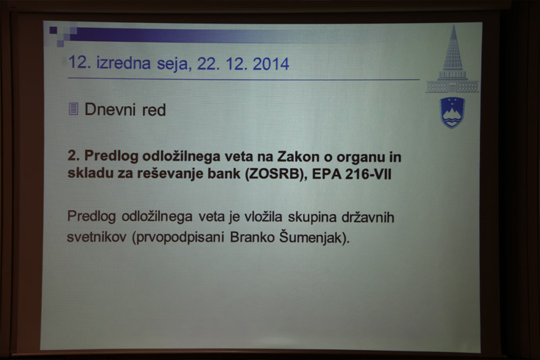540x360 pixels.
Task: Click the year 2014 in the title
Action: tap(271, 64)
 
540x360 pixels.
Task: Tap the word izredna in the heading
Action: tap(124, 63)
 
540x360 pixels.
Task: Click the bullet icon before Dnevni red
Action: tap(73, 109)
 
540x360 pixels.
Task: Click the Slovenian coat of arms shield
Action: tap(452, 113)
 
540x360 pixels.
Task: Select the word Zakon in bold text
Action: tap(298, 157)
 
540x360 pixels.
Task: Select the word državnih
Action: tap(368, 217)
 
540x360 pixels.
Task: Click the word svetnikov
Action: tap(97, 237)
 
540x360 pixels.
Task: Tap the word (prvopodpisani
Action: tap(178, 237)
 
